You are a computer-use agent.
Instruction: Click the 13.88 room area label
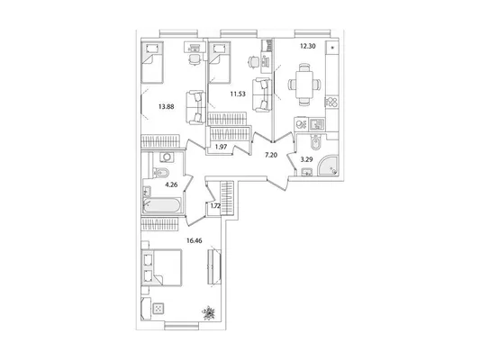(167, 107)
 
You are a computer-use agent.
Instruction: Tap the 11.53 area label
(238, 94)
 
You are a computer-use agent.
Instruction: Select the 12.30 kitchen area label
(308, 46)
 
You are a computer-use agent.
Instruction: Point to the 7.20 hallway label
(271, 155)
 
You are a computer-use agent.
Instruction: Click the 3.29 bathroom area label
(306, 159)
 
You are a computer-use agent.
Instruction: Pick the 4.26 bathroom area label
(171, 184)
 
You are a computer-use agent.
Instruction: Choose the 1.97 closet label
(221, 147)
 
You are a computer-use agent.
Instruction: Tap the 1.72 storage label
(215, 206)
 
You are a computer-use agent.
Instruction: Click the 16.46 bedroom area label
(195, 240)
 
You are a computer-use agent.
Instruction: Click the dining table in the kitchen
(304, 84)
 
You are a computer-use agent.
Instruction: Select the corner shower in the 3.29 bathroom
(328, 166)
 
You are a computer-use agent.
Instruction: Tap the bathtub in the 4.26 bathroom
(162, 205)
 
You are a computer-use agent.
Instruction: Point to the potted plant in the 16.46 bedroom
(209, 312)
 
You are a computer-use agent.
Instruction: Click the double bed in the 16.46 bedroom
(161, 267)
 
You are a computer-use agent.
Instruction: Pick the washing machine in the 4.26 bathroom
(167, 157)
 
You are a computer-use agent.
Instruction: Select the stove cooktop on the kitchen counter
(331, 102)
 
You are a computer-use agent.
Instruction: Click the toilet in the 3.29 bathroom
(314, 142)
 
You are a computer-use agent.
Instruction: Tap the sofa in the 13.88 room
(195, 107)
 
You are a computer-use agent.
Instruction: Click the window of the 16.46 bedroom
(182, 326)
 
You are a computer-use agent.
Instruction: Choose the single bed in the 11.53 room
(219, 62)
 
